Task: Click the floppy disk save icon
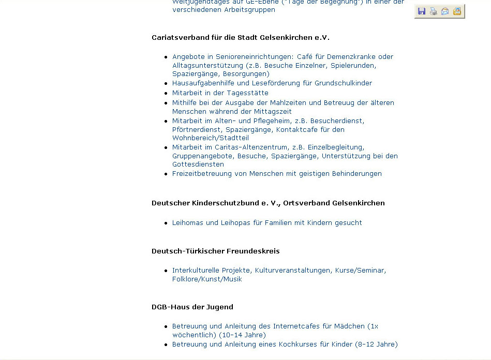tap(422, 11)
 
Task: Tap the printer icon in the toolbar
tap(434, 11)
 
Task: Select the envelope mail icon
tap(445, 11)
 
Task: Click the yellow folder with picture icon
tap(457, 11)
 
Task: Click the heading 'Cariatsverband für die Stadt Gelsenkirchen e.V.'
tap(241, 38)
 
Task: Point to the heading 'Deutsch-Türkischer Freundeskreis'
tap(215, 251)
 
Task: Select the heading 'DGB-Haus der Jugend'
tap(192, 307)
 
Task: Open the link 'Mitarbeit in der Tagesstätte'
tap(220, 93)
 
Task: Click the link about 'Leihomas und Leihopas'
tap(267, 223)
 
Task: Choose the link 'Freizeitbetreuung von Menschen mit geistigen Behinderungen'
tap(277, 174)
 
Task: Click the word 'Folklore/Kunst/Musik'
tap(207, 279)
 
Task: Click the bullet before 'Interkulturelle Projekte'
tap(166, 271)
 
